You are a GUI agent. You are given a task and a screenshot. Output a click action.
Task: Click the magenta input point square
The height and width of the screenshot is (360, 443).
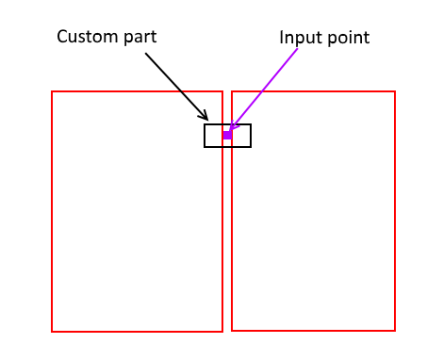click(x=227, y=136)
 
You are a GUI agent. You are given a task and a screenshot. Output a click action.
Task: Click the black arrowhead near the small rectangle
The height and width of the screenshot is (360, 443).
click(x=205, y=118)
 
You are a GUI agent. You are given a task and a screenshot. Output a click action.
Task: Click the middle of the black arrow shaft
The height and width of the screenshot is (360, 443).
click(x=176, y=86)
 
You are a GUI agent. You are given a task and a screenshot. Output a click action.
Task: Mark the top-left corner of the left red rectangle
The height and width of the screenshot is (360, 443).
click(x=52, y=91)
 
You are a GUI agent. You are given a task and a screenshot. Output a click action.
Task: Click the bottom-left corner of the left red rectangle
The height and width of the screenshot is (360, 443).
click(x=52, y=331)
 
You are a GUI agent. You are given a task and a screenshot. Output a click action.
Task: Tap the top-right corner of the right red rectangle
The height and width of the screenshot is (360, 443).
click(x=394, y=91)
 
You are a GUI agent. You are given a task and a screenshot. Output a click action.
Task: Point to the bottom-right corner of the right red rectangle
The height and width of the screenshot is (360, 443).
click(x=394, y=330)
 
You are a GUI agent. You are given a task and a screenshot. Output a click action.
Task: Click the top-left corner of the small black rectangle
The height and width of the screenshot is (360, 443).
click(x=205, y=124)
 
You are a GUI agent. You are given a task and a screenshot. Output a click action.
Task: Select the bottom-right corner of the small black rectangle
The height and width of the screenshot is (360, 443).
click(x=251, y=147)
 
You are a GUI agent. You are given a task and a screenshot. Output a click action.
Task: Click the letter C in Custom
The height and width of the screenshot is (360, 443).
click(x=62, y=37)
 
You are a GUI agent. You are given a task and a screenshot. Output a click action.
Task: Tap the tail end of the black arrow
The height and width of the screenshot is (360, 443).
click(x=145, y=53)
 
